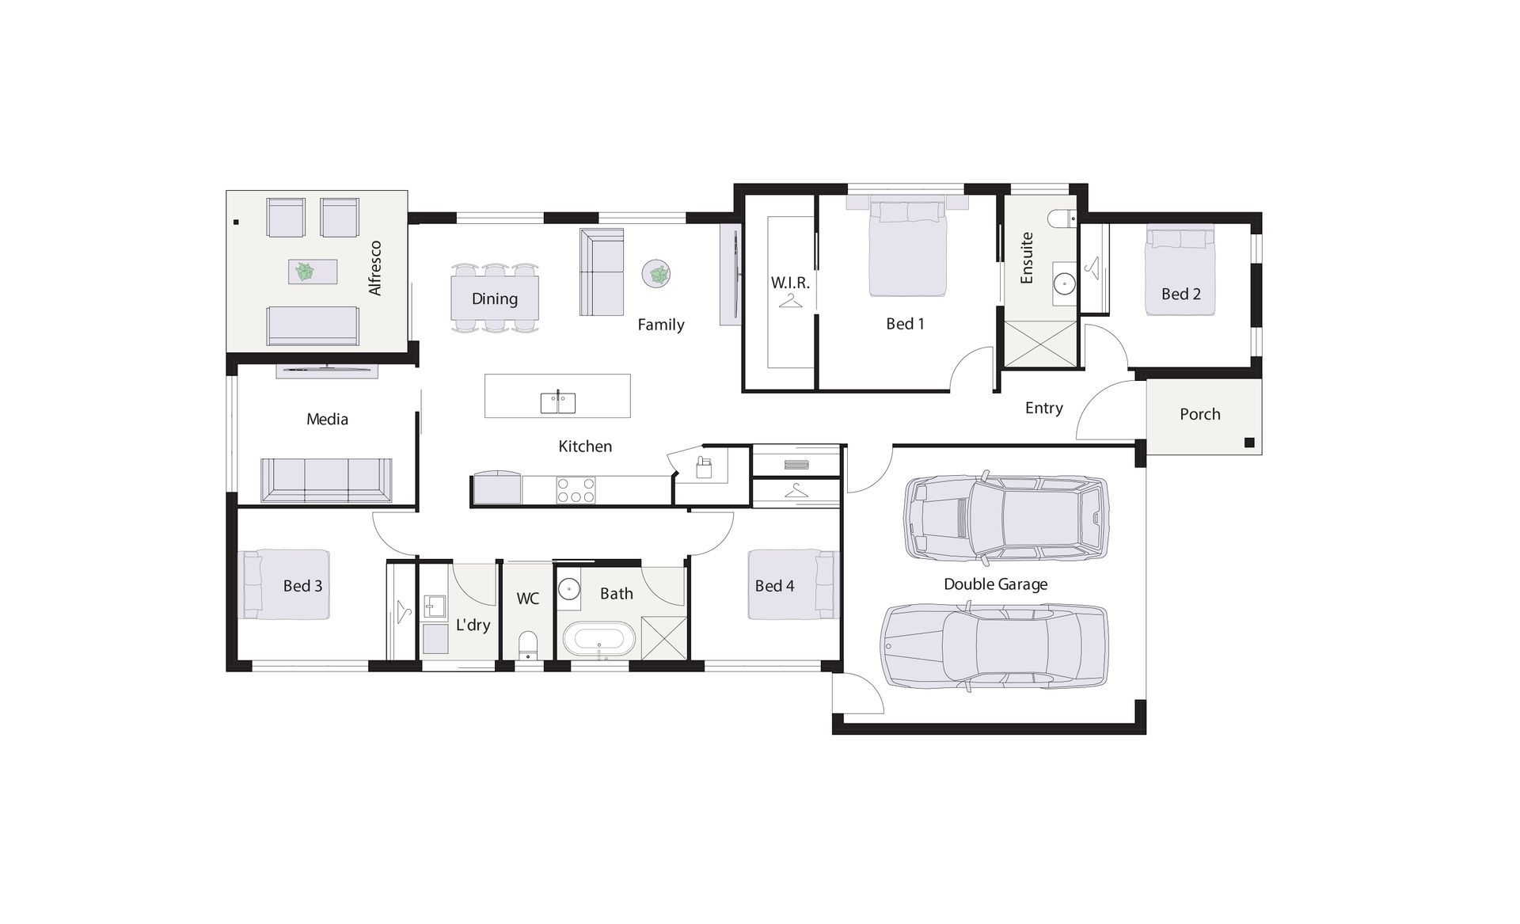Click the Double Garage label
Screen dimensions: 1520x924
coord(995,584)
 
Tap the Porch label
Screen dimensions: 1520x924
coord(1200,414)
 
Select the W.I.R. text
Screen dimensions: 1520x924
coord(790,283)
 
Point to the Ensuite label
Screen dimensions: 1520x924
coord(1027,258)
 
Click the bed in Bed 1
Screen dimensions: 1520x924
coord(907,247)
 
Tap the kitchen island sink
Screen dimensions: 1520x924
coord(558,402)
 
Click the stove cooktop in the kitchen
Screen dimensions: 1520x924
coord(576,490)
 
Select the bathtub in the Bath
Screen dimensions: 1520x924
coord(598,639)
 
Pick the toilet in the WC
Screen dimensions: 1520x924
coord(527,645)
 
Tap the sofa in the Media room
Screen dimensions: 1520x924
coord(326,480)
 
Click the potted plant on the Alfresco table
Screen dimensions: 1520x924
coord(305,272)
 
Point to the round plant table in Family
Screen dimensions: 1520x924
coord(657,274)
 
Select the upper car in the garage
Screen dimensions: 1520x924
coord(1006,519)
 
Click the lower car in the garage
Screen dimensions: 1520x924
coord(994,645)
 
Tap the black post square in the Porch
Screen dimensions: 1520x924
coord(1249,443)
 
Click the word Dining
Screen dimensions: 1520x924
coord(495,298)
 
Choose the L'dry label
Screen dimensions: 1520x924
coord(473,625)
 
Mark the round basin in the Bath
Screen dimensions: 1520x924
coord(569,590)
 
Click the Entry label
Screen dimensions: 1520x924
coord(1044,409)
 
